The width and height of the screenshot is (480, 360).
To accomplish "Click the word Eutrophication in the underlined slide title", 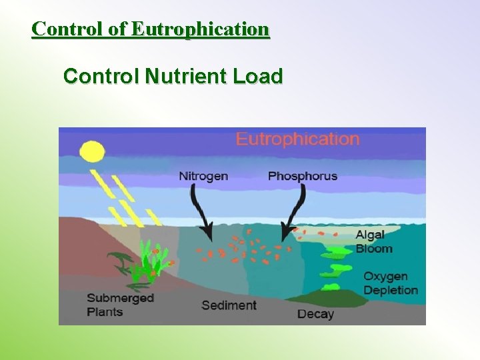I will click(201, 29).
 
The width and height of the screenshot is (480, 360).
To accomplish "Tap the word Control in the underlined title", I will click(65, 29).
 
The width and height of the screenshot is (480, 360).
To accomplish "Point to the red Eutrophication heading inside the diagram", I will click(297, 139).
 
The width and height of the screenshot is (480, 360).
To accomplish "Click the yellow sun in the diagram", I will click(92, 152).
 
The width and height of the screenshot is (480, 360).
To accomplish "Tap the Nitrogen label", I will click(203, 177).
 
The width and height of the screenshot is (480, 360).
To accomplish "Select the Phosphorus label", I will click(303, 177).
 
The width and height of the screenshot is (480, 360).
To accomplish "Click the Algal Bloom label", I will click(374, 242).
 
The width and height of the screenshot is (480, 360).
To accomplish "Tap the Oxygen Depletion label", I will click(391, 283).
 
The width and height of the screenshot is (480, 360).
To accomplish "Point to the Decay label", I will click(315, 313).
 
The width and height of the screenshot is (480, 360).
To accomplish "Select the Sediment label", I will click(229, 305).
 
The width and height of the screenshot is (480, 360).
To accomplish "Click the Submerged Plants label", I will click(120, 305).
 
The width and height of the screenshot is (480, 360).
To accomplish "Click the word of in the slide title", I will click(117, 29).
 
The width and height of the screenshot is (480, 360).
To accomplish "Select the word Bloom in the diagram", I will click(374, 249).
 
